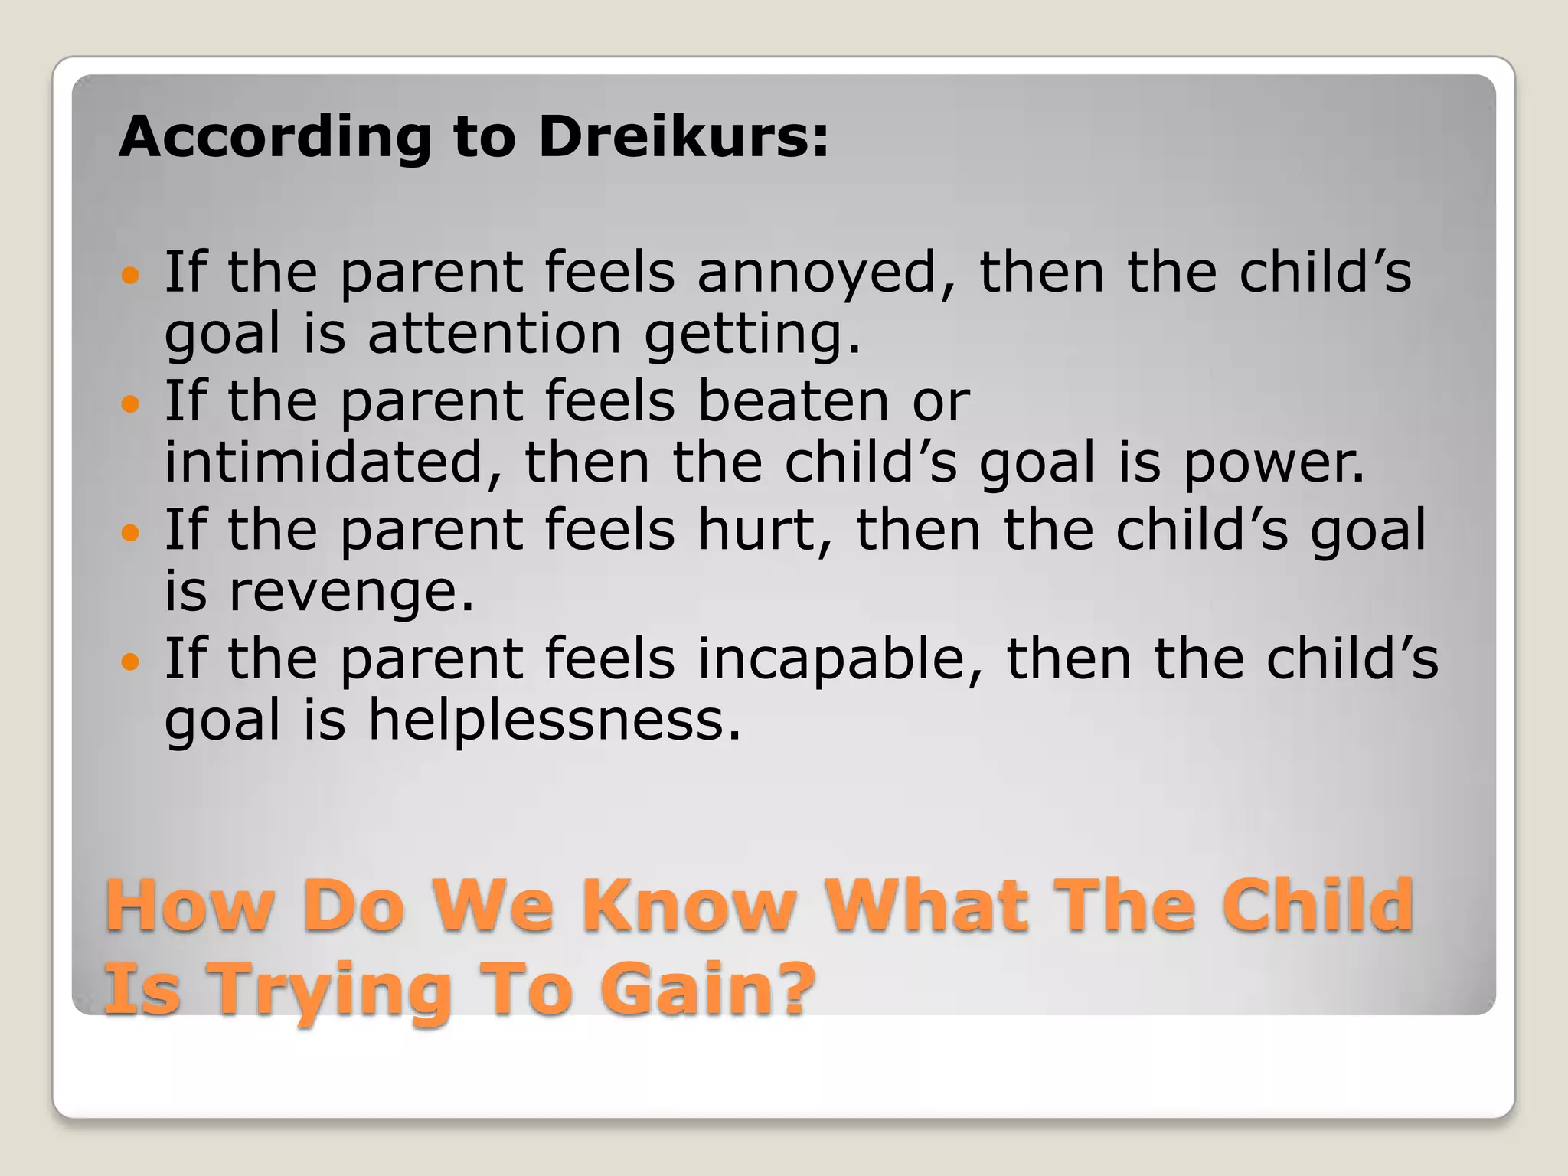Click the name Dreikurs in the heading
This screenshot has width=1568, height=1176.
[681, 138]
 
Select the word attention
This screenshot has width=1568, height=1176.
[494, 334]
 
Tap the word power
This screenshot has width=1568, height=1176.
[1274, 464]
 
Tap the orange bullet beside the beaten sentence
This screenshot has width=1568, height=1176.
[132, 403]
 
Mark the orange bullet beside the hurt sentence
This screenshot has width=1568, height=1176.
[132, 531]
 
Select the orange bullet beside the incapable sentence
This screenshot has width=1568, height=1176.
[132, 660]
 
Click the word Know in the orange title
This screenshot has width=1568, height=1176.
[689, 905]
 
